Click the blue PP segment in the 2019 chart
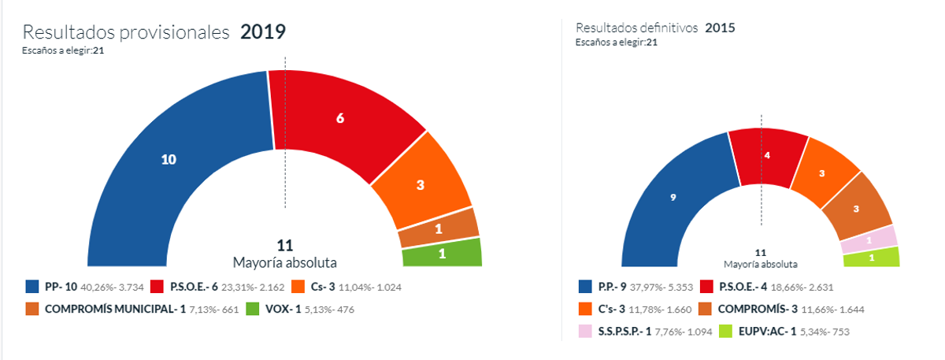[169, 159]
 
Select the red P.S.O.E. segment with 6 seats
[340, 118]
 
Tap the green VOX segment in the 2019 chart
[441, 253]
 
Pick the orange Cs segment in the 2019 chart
[421, 186]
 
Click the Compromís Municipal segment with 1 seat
[439, 228]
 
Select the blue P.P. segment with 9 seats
[673, 199]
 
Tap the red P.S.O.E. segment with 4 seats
[766, 156]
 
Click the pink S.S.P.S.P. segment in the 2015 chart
[869, 239]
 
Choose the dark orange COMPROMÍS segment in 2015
[855, 209]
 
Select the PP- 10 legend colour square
[32, 287]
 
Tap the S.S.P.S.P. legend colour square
[584, 332]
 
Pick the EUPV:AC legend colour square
[725, 332]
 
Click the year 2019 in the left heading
[262, 32]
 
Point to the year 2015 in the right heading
[720, 28]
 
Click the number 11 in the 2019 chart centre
[284, 246]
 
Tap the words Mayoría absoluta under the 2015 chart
[760, 264]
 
